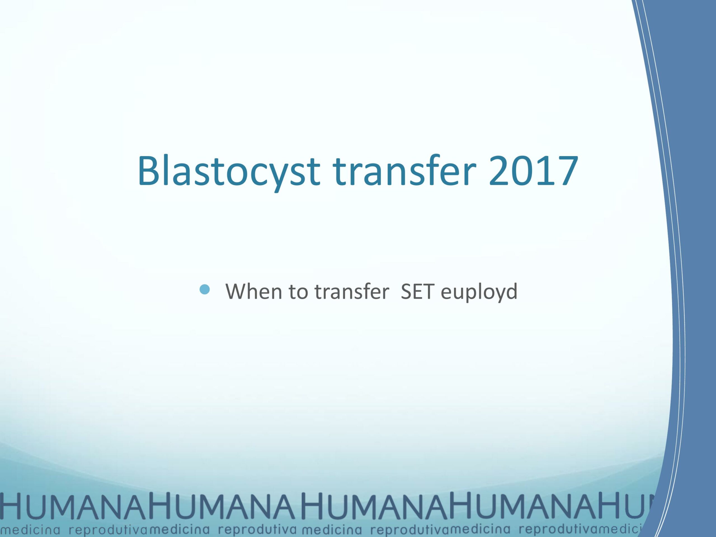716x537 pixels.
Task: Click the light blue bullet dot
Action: click(x=205, y=289)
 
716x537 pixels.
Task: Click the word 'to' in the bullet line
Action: click(x=299, y=291)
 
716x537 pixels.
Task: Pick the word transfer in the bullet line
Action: click(x=352, y=291)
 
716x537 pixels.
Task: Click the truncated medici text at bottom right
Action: click(x=621, y=529)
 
